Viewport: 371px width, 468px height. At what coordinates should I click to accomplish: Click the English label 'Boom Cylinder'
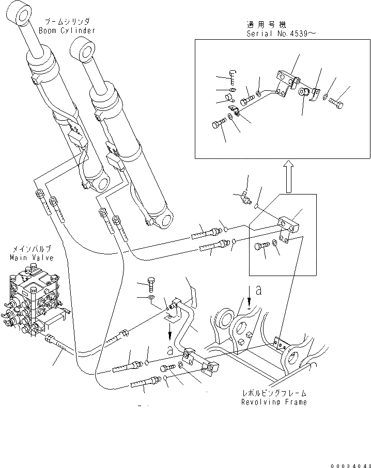(67, 30)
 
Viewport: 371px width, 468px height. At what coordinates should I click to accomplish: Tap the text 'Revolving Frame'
(274, 402)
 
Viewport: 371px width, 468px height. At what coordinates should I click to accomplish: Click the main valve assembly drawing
(34, 299)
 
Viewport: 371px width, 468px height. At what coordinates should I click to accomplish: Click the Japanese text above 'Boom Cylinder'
(67, 22)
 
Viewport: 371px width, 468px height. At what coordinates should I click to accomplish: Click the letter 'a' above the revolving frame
(258, 291)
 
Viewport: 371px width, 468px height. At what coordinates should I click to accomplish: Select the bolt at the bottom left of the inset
(217, 124)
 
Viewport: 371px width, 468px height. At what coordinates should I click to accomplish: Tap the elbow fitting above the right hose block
(244, 197)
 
